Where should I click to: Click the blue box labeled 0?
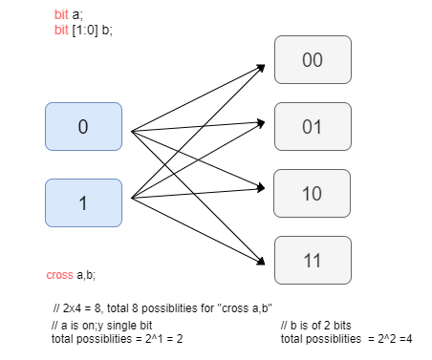click(83, 128)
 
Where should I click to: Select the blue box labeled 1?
click(83, 202)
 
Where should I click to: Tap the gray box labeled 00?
click(312, 60)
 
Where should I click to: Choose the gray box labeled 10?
click(312, 194)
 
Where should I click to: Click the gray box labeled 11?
click(312, 261)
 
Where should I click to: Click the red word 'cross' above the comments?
click(59, 275)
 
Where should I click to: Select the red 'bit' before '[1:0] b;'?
click(61, 30)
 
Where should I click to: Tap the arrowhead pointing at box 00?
click(260, 67)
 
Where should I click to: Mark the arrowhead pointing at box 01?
click(260, 121)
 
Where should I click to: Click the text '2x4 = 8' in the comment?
click(86, 308)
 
